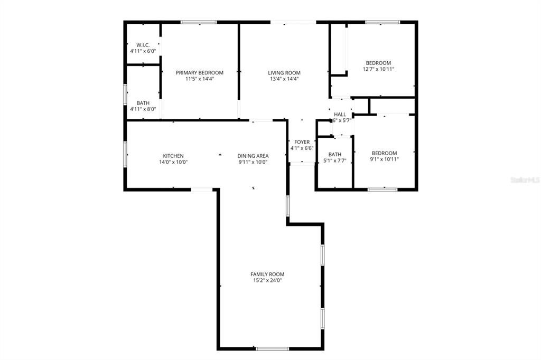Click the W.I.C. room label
pos(143,45)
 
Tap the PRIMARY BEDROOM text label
pos(200,73)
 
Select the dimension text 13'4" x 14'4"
pos(284,79)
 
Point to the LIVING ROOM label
pos(284,73)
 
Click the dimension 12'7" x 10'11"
pos(378,69)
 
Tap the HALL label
pos(340,114)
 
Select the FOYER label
pos(302,142)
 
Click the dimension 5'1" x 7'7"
pos(334,161)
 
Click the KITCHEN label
pos(173,156)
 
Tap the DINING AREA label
pos(253,156)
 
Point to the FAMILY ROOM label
pos(267,274)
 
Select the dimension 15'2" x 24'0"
pos(267,281)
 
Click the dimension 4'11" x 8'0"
pos(143,109)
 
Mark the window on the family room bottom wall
pos(272,348)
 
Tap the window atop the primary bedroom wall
pos(199,22)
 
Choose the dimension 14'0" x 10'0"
pos(173,162)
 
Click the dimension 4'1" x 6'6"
pos(302,148)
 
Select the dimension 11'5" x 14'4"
pos(200,79)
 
